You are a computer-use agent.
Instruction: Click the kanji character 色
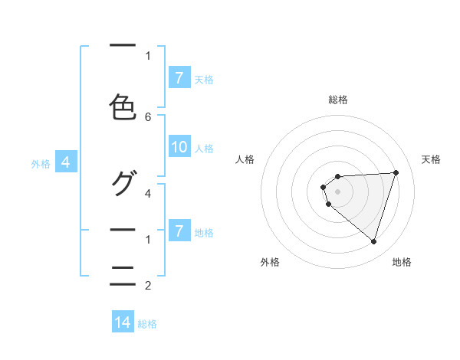tap(123, 108)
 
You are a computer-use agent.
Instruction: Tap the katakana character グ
tap(123, 183)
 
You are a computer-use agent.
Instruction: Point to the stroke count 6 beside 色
tap(148, 116)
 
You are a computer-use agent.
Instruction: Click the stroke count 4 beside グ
tap(148, 193)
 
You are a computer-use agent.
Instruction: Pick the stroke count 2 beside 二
tap(148, 286)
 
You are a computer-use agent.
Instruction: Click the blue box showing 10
tap(179, 148)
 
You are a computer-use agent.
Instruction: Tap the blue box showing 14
tap(123, 322)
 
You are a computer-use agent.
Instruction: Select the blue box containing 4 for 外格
tap(67, 162)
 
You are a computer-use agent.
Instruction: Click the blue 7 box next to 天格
tap(179, 77)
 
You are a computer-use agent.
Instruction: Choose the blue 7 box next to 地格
tap(179, 231)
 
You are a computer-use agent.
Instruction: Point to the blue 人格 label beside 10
tap(204, 149)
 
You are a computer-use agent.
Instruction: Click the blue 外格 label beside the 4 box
tap(41, 163)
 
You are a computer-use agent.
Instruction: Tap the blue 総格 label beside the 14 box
tap(147, 323)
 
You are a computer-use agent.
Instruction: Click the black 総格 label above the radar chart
tap(338, 100)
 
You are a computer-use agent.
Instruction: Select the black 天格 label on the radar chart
tap(432, 159)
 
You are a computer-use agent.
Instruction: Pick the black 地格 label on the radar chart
tap(402, 262)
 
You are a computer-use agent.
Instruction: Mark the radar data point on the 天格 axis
tap(396, 172)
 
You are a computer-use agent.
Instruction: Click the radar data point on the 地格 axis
tap(373, 241)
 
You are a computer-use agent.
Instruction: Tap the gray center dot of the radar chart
tap(338, 191)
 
